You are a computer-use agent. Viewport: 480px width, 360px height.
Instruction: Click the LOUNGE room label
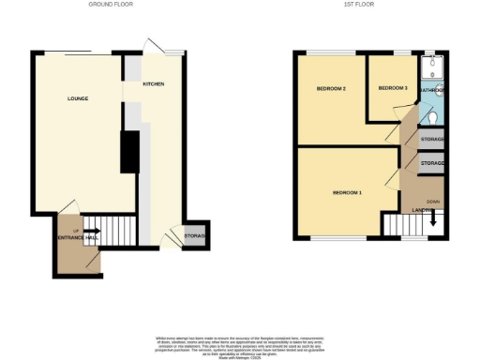[x=78, y=97]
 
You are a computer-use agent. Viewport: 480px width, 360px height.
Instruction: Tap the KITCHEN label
[x=154, y=84]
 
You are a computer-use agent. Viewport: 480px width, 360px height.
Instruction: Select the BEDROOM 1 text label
[x=347, y=193]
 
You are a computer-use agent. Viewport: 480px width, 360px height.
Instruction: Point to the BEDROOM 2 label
[x=331, y=89]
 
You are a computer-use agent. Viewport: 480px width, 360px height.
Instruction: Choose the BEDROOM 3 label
[x=393, y=88]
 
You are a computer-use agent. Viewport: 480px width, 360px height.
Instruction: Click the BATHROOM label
[x=432, y=90]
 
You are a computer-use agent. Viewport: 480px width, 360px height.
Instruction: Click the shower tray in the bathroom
[x=433, y=67]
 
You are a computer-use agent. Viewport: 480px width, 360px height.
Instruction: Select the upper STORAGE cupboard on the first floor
[x=432, y=141]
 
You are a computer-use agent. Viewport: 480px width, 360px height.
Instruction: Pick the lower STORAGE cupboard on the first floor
[x=432, y=163]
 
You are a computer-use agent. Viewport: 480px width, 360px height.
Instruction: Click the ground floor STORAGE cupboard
[x=195, y=235]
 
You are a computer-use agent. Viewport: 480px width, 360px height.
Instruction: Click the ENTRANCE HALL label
[x=77, y=239]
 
